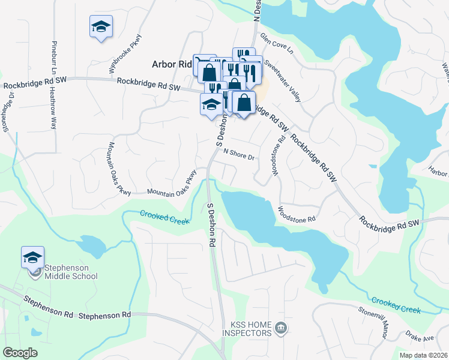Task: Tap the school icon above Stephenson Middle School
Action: pyautogui.click(x=32, y=258)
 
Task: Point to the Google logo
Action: pyautogui.click(x=20, y=353)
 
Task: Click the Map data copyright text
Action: pyautogui.click(x=424, y=355)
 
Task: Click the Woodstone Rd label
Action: pyautogui.click(x=296, y=215)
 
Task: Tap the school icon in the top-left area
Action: pyautogui.click(x=101, y=26)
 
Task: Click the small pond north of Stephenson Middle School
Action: pyautogui.click(x=92, y=245)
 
